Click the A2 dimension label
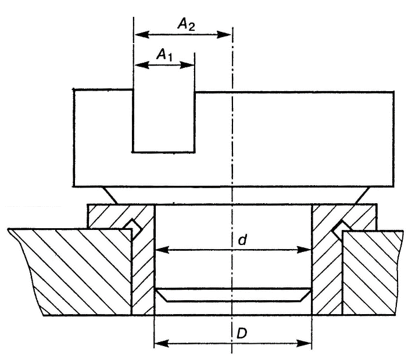point(186,24)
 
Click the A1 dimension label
point(164,55)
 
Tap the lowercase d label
point(242,240)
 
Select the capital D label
point(242,333)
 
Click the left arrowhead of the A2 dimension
point(142,34)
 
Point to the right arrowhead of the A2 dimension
point(224,34)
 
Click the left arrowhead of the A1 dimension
point(142,64)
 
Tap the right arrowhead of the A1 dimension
point(187,65)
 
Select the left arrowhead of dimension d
point(162,250)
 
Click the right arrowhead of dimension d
point(305,250)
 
